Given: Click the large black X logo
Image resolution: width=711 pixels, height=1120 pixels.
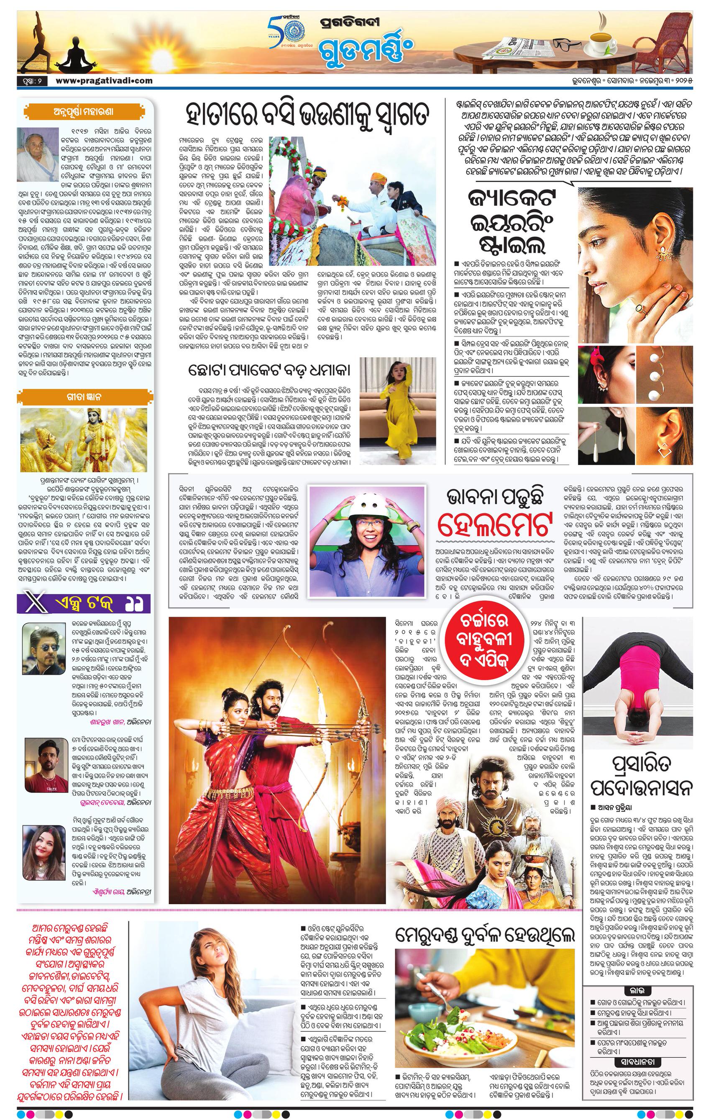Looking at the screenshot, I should tap(33, 603).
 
